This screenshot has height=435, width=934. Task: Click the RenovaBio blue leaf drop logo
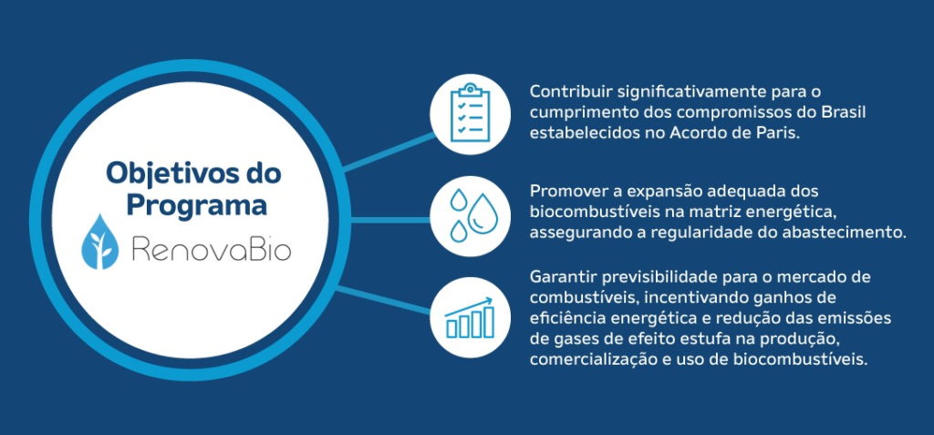click(99, 242)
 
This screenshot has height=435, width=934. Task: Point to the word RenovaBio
click(212, 248)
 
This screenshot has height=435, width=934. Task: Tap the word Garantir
click(563, 277)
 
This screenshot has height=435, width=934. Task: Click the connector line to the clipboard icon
click(388, 152)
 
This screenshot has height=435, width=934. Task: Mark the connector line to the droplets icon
click(390, 221)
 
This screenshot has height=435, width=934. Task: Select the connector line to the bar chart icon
click(384, 300)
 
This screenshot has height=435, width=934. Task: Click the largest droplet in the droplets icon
click(483, 212)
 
